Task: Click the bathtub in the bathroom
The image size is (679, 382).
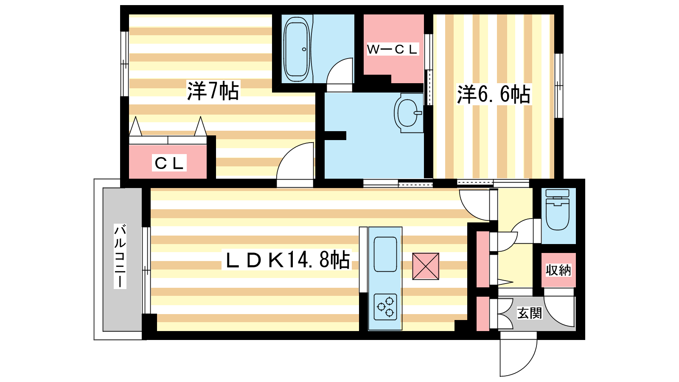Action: click(297, 49)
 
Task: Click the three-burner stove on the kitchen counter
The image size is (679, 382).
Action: click(385, 307)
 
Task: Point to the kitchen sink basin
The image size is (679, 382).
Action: click(385, 254)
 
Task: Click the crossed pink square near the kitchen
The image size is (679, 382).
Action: click(426, 266)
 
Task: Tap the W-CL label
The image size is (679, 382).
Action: click(392, 49)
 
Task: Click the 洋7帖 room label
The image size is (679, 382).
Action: click(213, 91)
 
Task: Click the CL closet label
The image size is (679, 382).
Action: click(169, 163)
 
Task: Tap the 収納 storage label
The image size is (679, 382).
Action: click(558, 270)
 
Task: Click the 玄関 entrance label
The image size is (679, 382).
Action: click(529, 313)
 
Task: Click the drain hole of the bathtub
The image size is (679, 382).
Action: click(304, 49)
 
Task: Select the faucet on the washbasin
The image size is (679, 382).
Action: click(418, 113)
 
